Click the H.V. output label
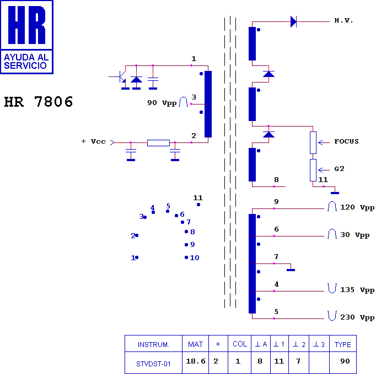[x=343, y=20]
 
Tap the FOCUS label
[x=347, y=141]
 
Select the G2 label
[x=339, y=169]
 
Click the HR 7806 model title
[x=39, y=102]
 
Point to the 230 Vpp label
[x=357, y=317]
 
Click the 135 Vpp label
[x=357, y=290]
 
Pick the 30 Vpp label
[x=355, y=235]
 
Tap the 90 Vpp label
[x=162, y=103]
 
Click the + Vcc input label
[x=94, y=141]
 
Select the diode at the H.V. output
[x=293, y=22]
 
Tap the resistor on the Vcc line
[x=159, y=143]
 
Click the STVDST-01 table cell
[x=153, y=364]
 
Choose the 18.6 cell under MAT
[x=196, y=361]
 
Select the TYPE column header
[x=343, y=344]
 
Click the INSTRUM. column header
[x=153, y=344]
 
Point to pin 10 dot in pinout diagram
[x=186, y=257]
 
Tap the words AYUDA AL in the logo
[x=26, y=57]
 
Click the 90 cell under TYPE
[x=345, y=361]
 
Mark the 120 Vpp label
[x=357, y=207]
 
